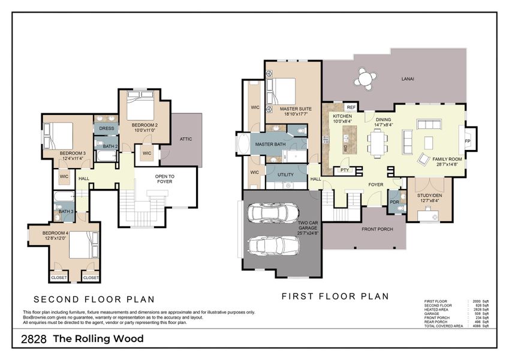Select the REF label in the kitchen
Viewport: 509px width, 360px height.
coord(351,107)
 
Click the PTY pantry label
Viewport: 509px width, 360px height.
coord(344,170)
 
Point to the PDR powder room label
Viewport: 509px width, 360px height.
coord(394,202)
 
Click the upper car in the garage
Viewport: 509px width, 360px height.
coord(273,213)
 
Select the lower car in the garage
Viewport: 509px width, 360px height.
coord(273,245)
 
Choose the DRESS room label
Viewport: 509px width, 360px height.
coord(106,128)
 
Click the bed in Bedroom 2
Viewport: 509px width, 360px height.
coord(141,109)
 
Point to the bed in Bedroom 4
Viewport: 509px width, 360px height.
coord(81,245)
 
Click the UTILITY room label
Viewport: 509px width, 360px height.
coord(285,175)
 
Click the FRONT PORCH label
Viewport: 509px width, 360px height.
coord(377,229)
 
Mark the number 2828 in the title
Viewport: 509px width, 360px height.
coord(34,339)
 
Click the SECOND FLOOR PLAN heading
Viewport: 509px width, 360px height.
coord(94,299)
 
